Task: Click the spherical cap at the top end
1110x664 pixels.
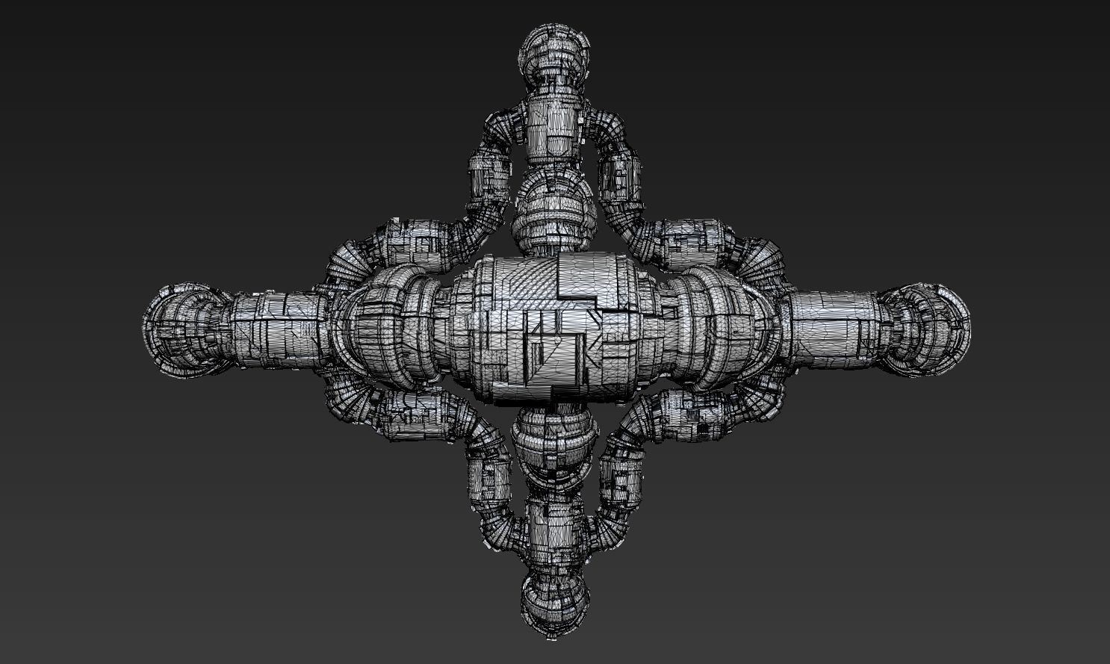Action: [554, 52]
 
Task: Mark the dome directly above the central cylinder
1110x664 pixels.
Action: [554, 213]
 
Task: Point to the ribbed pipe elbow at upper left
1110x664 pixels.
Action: [351, 258]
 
